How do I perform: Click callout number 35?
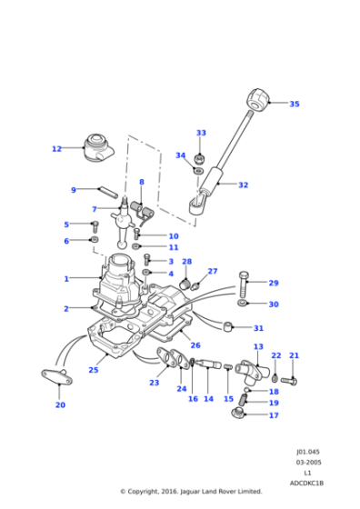point(294,104)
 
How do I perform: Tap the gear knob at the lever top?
point(261,97)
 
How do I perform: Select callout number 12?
point(56,148)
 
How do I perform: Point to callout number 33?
point(201,133)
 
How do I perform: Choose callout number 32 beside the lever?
point(243,185)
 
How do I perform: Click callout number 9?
point(74,190)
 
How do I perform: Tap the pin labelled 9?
point(105,191)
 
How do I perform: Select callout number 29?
point(274,283)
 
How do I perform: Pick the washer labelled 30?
point(243,303)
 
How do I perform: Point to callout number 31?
point(259,328)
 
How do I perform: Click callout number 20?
point(60,405)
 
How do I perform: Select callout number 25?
point(93,370)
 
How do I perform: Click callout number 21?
point(294,356)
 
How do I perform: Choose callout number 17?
point(274,415)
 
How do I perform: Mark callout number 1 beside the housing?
point(65,278)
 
